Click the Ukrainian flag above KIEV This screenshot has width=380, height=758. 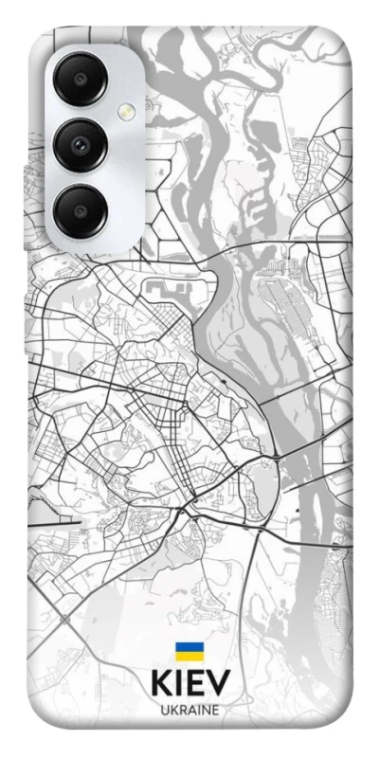coord(189,651)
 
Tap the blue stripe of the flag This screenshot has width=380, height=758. coord(189,647)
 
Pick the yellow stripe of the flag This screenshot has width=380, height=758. coord(189,656)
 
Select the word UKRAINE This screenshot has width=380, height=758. coord(190,710)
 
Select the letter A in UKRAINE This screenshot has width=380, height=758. coord(190,710)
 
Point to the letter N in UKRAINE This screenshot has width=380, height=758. coord(205,710)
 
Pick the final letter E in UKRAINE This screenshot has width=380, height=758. coord(215,710)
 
